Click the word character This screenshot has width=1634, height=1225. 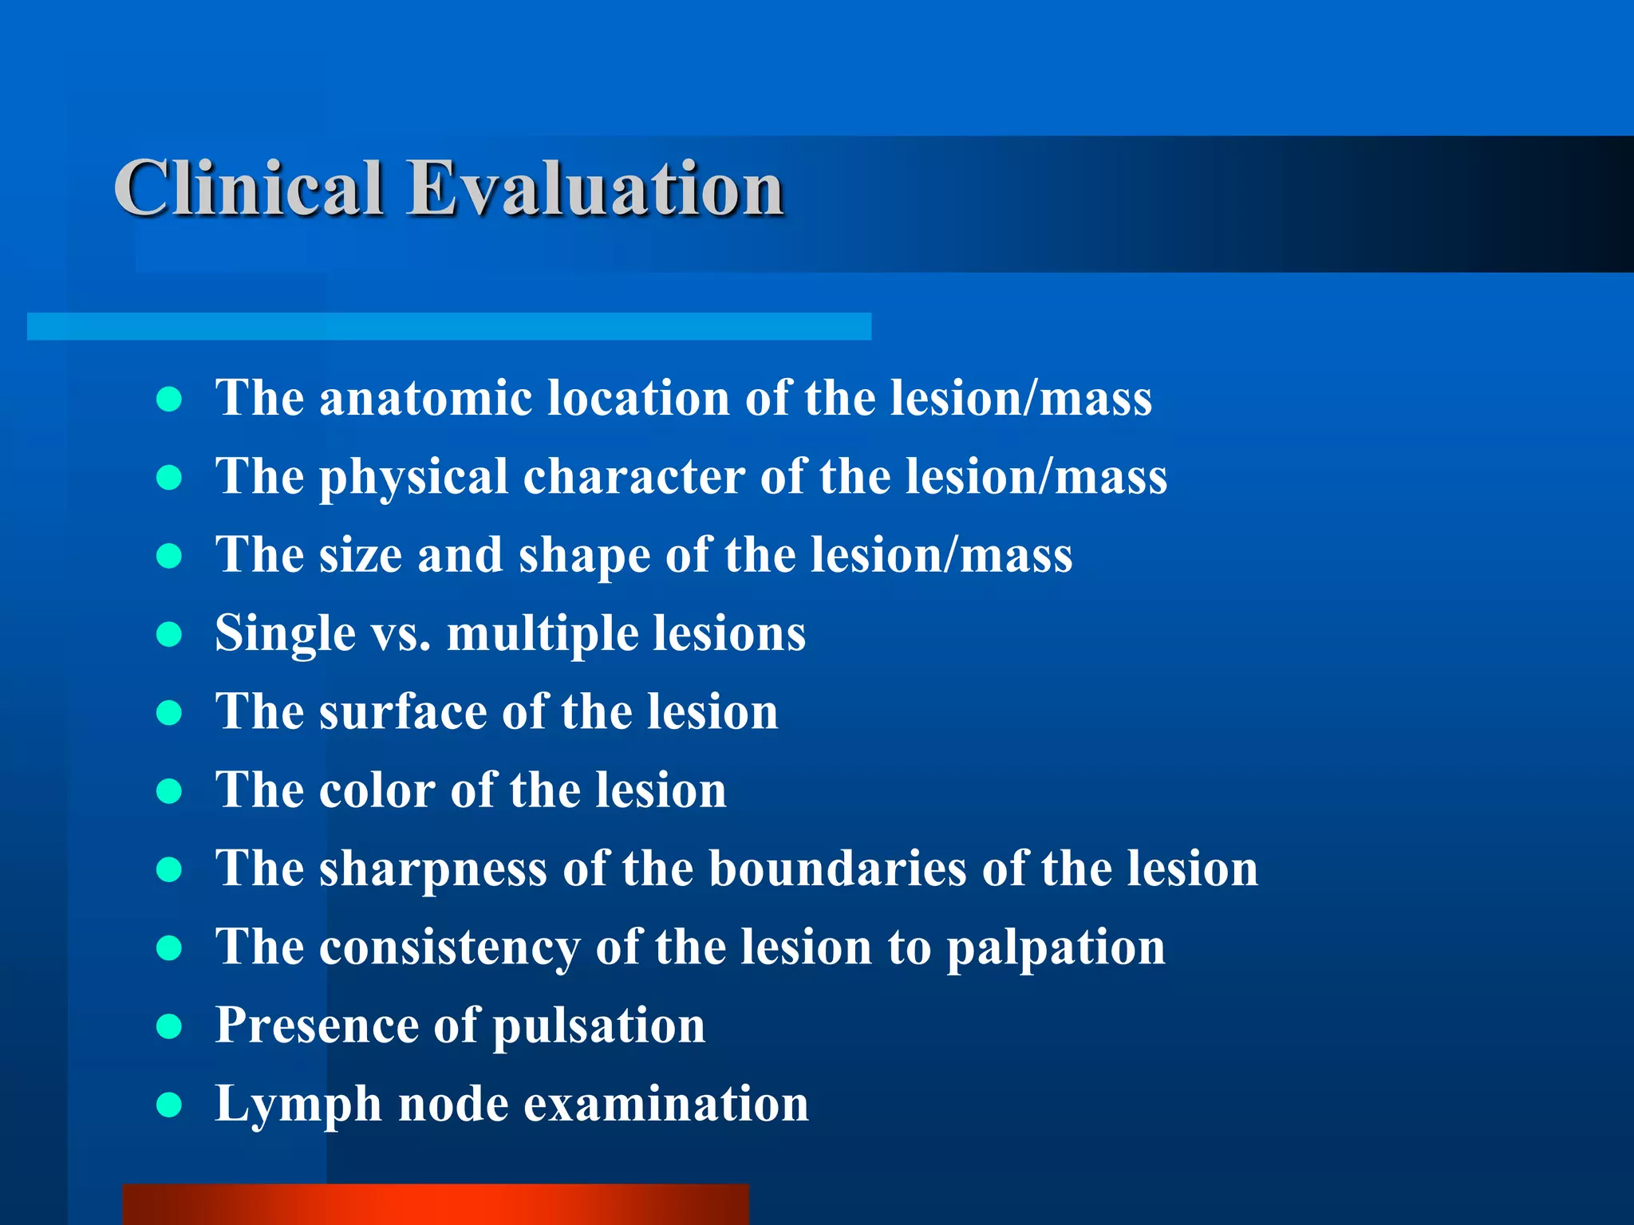(633, 477)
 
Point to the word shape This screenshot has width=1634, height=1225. (584, 556)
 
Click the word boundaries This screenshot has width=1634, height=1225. (837, 868)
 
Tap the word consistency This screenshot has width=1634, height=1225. (449, 947)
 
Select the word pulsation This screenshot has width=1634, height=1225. (598, 1026)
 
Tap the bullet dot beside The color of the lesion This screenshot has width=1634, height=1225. (169, 791)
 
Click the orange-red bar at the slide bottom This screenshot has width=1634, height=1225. (436, 1204)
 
